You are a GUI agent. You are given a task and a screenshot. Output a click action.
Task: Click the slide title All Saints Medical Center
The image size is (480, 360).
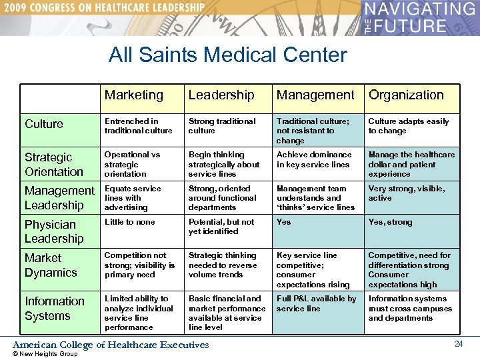(228, 54)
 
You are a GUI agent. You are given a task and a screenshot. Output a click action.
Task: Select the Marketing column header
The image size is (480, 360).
(133, 95)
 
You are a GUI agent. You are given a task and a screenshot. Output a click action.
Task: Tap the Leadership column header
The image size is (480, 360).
(221, 95)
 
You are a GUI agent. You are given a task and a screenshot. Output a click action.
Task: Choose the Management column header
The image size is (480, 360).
(315, 95)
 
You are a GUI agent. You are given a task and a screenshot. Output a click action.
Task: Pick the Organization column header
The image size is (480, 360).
(406, 95)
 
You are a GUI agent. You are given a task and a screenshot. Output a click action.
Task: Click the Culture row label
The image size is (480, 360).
(44, 124)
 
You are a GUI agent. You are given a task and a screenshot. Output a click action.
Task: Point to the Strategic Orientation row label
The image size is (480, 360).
(54, 164)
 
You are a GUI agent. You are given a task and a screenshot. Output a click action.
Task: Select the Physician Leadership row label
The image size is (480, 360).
(54, 231)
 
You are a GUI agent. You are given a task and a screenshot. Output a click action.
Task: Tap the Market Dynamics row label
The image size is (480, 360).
(51, 265)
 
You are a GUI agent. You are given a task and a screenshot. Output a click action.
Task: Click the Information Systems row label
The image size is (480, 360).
(55, 308)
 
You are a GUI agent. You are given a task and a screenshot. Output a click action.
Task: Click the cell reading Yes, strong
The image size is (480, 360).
(391, 222)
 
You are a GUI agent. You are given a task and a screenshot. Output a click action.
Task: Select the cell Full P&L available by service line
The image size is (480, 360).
(316, 303)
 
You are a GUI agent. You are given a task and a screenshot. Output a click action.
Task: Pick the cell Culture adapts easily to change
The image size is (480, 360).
(409, 126)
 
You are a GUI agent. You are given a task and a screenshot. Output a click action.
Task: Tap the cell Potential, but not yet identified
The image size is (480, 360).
(221, 227)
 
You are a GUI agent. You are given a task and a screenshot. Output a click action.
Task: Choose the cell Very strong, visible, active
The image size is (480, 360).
(407, 193)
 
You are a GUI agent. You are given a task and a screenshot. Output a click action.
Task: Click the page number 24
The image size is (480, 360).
(458, 344)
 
